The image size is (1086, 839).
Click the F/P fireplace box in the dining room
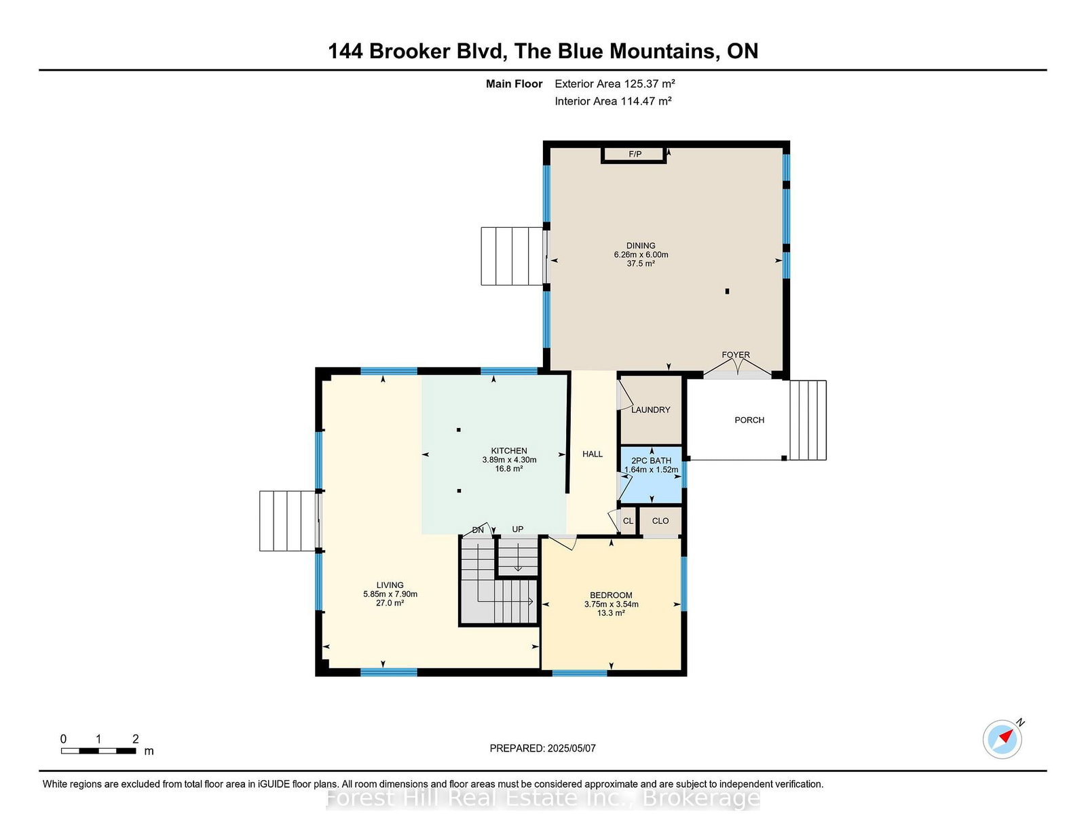tap(633, 155)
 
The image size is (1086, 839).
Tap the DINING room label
tap(641, 246)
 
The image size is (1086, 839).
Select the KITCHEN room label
tap(509, 450)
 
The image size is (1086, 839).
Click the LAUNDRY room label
tap(650, 410)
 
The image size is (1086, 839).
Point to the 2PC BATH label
tap(651, 461)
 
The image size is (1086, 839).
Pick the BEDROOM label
tap(611, 595)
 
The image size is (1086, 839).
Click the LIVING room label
tap(390, 585)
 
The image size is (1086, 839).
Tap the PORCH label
tap(749, 420)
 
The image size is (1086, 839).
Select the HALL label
tap(593, 454)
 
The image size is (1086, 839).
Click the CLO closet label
tap(660, 521)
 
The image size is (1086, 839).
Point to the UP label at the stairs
tap(518, 529)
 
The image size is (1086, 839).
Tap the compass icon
tap(1002, 739)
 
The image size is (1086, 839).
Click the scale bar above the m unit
tap(98, 751)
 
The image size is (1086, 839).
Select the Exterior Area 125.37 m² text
tap(614, 83)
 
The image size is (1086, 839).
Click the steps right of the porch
tap(808, 420)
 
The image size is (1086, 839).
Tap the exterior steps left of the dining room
tap(512, 256)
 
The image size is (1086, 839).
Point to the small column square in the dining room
tap(727, 291)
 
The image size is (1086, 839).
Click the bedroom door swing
tap(563, 542)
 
